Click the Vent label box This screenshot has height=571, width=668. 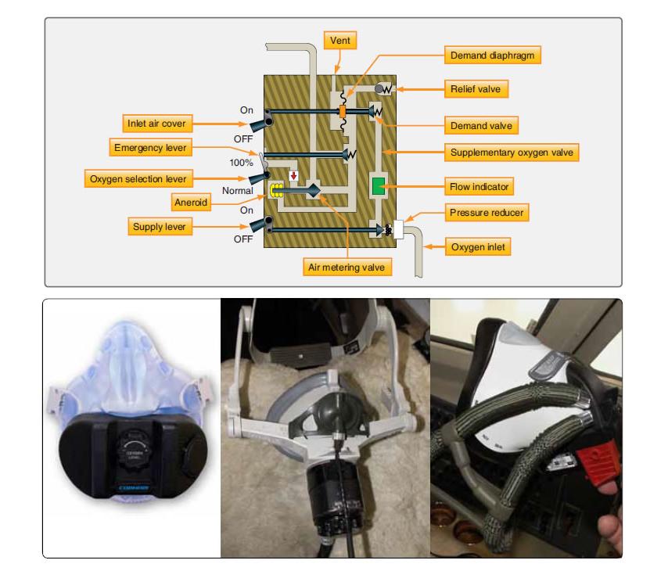click(340, 41)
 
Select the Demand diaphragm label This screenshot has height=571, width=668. click(493, 55)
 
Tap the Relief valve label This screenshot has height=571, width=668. click(476, 89)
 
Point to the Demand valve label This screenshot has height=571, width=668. click(481, 125)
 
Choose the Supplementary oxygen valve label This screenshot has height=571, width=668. click(512, 152)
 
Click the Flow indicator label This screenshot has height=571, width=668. click(479, 186)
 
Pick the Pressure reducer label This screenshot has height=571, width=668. click(487, 212)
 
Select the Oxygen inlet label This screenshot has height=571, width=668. click(478, 246)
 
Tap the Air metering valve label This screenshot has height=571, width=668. click(347, 267)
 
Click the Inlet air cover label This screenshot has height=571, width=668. click(156, 123)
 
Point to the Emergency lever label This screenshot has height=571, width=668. click(150, 147)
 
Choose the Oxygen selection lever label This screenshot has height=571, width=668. click(138, 178)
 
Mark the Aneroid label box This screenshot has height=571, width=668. click(191, 202)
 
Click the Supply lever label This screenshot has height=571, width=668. click(160, 226)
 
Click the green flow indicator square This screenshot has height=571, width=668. click(379, 186)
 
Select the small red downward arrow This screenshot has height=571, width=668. click(293, 175)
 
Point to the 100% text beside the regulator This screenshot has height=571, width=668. click(241, 163)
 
